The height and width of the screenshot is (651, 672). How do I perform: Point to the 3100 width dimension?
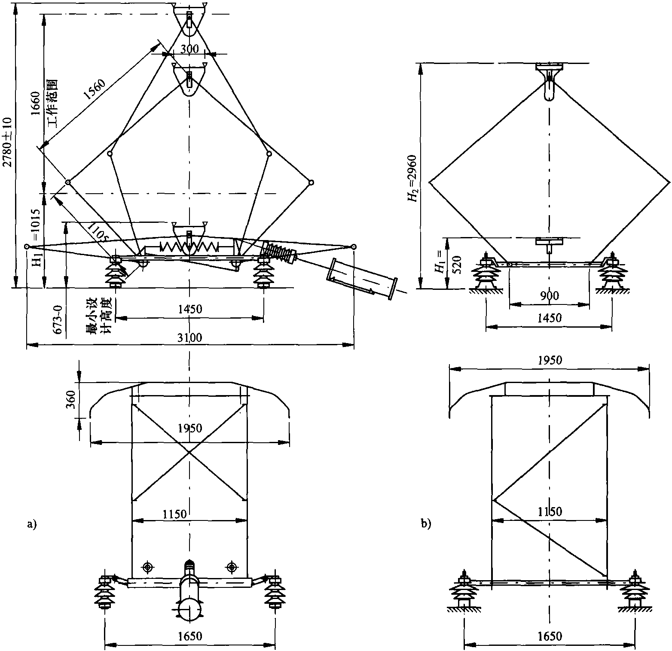click(x=190, y=338)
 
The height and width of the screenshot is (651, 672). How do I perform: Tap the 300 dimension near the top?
click(x=189, y=49)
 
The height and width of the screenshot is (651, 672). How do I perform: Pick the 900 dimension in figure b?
click(x=549, y=296)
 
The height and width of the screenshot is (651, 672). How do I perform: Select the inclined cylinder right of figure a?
click(x=362, y=280)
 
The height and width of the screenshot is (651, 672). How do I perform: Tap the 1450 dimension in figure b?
click(x=550, y=319)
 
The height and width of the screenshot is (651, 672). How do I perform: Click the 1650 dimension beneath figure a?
click(x=190, y=636)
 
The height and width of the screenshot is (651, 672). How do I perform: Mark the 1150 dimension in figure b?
click(x=550, y=511)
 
